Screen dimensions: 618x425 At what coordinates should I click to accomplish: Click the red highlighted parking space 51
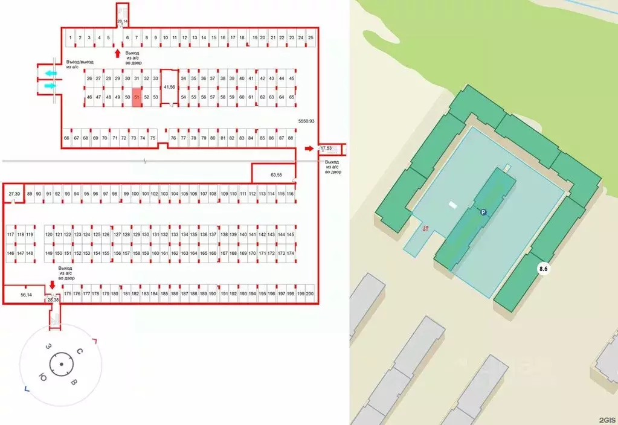pos(137,97)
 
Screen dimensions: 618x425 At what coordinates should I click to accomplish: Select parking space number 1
pos(71,38)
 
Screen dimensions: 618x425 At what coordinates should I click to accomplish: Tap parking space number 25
pos(311,38)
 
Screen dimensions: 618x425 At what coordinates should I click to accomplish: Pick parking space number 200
pos(310,293)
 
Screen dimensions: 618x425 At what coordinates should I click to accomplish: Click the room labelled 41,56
pos(170,88)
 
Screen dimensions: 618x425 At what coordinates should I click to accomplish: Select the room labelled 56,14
pos(26,295)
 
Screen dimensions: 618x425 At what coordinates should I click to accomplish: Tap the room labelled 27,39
pos(14,194)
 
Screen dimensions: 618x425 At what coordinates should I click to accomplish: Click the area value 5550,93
pos(306,121)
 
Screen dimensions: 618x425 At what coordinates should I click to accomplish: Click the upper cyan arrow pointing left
pos(51,73)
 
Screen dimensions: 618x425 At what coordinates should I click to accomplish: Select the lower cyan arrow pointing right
pos(51,86)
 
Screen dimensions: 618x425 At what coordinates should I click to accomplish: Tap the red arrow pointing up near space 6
pos(117,53)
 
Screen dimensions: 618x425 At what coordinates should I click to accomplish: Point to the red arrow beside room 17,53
pos(309,149)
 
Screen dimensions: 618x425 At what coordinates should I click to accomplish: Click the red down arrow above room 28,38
pos(52,285)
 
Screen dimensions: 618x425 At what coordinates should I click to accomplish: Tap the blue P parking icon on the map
pos(483,212)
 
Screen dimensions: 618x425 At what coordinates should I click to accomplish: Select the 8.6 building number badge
pos(543,269)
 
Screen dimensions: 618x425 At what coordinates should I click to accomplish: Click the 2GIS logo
pos(607,420)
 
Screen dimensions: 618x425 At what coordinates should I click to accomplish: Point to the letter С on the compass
pos(80,351)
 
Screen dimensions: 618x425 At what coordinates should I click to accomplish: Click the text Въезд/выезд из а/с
pos(80,65)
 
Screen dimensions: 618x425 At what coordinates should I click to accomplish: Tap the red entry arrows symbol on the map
pos(425,228)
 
